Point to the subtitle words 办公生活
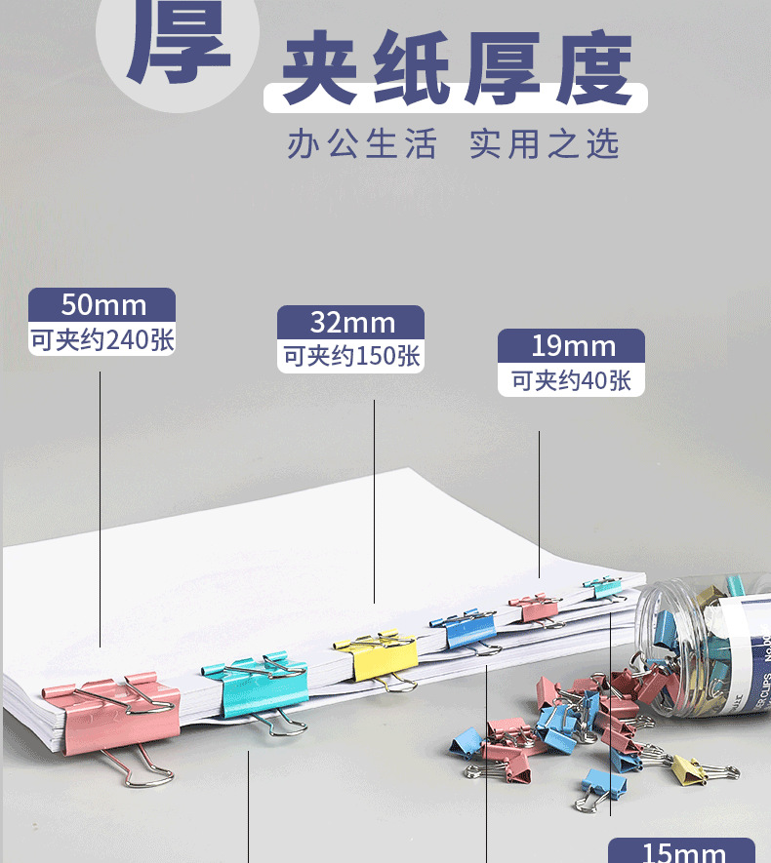361,144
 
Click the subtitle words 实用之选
544,144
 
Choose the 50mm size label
102,304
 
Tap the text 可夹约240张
102,340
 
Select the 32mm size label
351,322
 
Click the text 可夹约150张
351,357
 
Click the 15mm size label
682,852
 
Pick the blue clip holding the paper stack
471,629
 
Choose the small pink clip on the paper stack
534,609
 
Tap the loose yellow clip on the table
692,769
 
